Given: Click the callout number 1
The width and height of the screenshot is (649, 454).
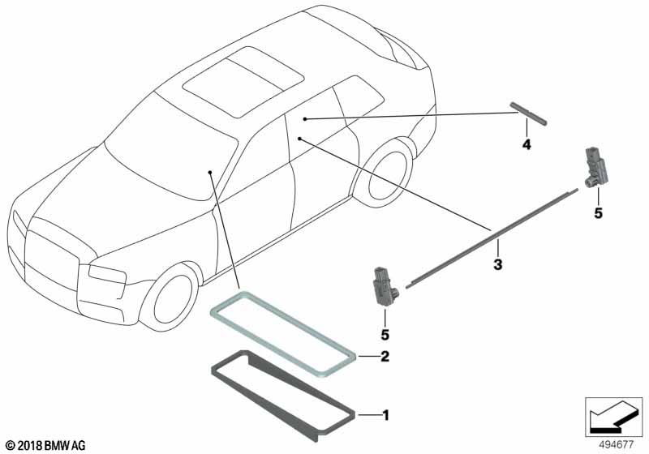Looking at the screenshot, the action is coord(385,415).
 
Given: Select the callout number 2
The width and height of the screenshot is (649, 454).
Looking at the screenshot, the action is coord(385,355).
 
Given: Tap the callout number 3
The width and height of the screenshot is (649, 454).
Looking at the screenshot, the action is coord(498,264).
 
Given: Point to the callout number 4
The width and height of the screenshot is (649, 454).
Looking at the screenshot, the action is coord(527,145).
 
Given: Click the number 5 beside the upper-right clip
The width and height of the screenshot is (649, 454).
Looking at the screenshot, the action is coord(598,213).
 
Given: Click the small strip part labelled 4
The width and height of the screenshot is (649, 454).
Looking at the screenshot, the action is coord(528,113).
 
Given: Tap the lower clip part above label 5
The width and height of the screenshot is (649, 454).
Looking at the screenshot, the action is coord(381,284).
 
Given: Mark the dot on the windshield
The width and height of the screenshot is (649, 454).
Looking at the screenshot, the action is coord(209,173).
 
